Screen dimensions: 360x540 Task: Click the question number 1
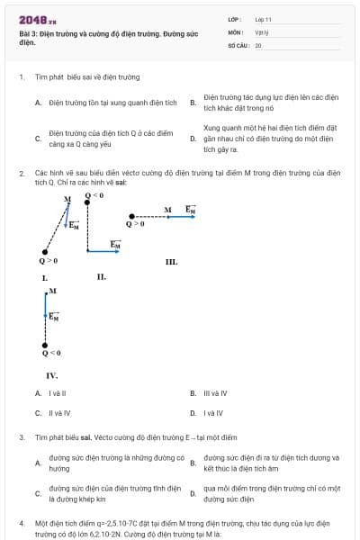[x=21, y=77]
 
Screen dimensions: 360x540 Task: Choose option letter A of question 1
[x=38, y=103]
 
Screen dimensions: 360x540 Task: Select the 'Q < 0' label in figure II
[x=94, y=194]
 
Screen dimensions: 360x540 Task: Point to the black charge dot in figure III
[x=132, y=216]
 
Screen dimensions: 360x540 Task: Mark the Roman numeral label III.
[x=171, y=262]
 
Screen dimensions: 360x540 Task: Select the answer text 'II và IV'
[x=58, y=413]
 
